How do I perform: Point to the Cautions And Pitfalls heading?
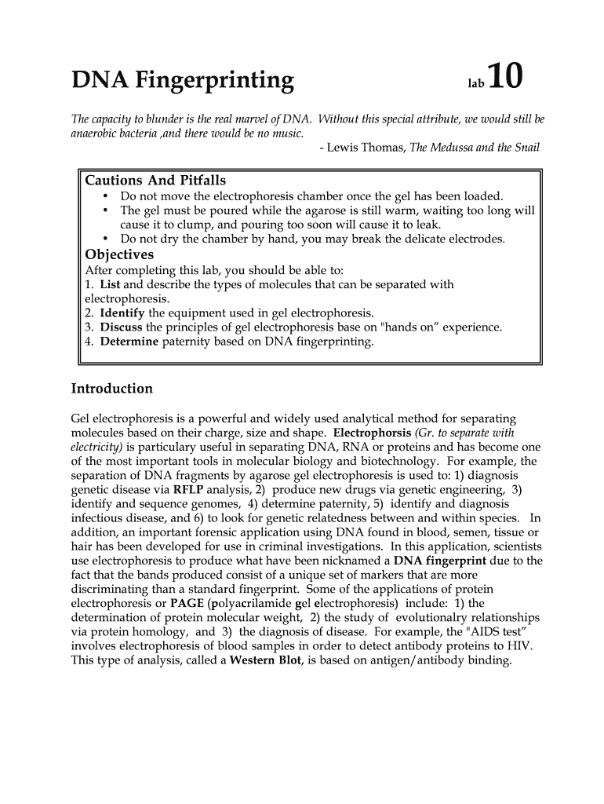coord(155,181)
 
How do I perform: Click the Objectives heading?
coord(119,254)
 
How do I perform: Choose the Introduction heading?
coord(112,389)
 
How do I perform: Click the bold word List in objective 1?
coord(109,284)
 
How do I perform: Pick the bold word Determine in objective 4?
coord(129,342)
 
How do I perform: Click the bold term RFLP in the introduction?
coord(188,489)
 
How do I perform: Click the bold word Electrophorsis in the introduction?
coord(372,433)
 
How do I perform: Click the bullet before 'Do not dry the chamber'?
coord(105,239)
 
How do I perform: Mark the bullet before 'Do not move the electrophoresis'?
coord(105,196)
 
